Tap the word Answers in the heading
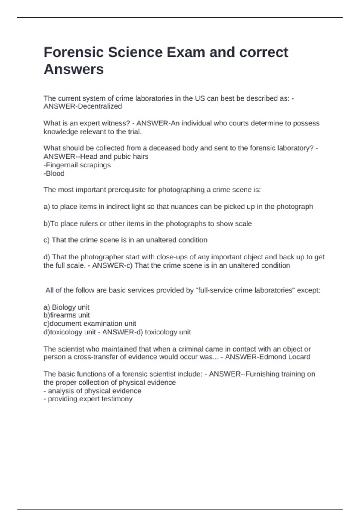click(x=73, y=69)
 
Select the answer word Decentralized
click(x=100, y=106)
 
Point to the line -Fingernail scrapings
click(x=77, y=165)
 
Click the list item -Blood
click(x=54, y=173)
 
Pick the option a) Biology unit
click(x=66, y=307)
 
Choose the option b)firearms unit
click(x=67, y=315)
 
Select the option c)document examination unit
click(x=90, y=324)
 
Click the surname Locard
click(x=299, y=357)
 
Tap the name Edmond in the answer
click(x=272, y=357)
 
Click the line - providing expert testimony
click(x=88, y=399)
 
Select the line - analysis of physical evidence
click(x=92, y=391)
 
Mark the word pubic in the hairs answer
click(x=121, y=156)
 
